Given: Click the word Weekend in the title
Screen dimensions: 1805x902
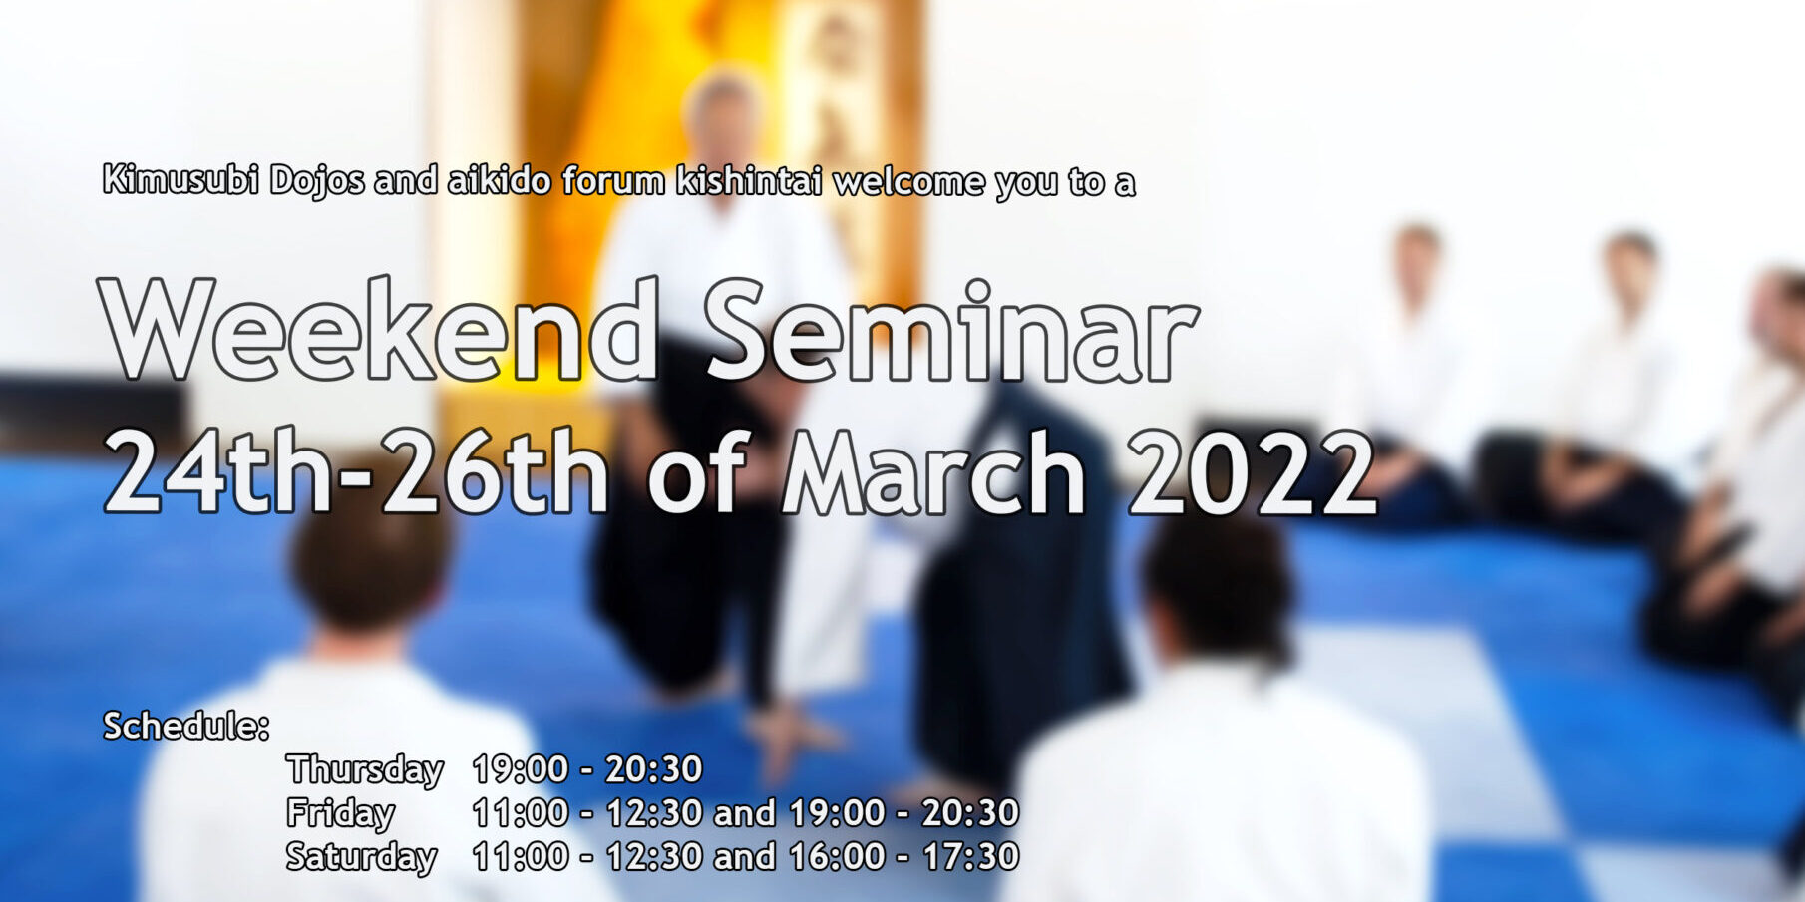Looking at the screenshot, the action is click(379, 330).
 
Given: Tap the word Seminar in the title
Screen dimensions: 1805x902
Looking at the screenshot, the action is click(950, 330).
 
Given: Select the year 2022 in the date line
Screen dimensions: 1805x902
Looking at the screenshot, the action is click(1253, 472).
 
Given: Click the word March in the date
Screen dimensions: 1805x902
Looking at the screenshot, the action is click(933, 472).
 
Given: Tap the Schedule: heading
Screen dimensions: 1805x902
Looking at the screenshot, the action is click(186, 727).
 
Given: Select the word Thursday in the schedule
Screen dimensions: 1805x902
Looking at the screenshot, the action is click(365, 770).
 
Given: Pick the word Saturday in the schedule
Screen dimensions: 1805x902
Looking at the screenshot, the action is click(361, 857).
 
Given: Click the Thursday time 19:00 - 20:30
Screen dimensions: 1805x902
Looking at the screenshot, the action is click(587, 769).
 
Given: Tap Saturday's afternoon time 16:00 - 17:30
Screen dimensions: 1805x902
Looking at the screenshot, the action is click(903, 856).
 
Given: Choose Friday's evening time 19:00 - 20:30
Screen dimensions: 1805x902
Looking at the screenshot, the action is click(903, 813).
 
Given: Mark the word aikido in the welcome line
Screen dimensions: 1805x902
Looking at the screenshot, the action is click(500, 180).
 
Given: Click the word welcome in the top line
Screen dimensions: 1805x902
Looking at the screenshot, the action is click(907, 181).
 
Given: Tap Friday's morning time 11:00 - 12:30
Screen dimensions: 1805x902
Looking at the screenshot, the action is click(587, 813).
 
